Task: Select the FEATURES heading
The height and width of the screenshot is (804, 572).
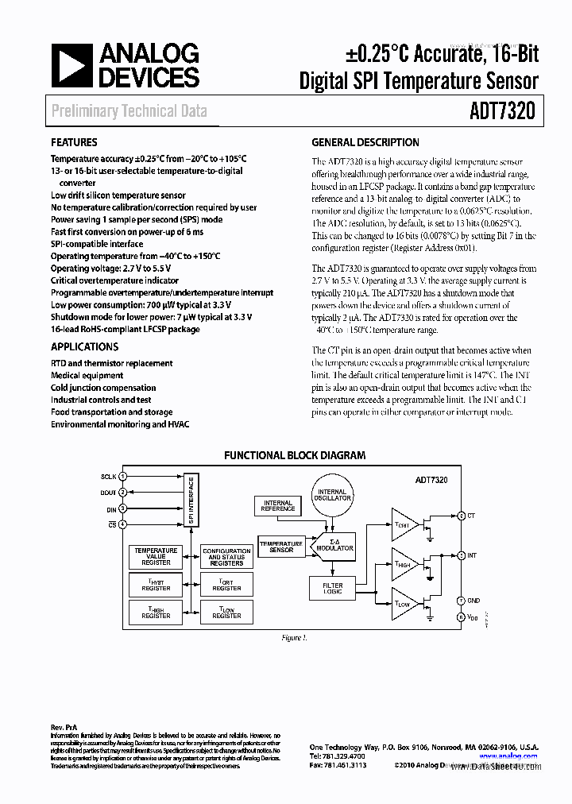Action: tap(74, 143)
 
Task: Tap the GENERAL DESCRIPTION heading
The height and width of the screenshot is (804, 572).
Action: tap(365, 143)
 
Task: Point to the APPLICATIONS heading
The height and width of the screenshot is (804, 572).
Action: tap(84, 347)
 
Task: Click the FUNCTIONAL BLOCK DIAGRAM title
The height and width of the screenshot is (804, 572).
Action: tap(295, 456)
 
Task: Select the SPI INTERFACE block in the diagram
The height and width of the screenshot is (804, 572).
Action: tap(191, 501)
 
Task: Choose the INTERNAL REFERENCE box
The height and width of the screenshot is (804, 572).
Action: tap(277, 505)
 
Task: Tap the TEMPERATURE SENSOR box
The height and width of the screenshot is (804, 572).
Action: tap(281, 547)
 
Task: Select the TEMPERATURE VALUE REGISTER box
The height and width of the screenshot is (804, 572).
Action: tap(156, 556)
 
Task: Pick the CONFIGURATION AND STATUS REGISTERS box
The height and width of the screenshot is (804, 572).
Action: tap(226, 556)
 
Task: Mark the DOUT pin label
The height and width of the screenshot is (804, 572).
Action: tap(108, 493)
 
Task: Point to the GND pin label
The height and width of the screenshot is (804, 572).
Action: tap(473, 601)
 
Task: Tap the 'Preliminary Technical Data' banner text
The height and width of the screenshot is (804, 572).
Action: tap(129, 110)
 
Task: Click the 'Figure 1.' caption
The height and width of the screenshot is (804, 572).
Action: tap(295, 638)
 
